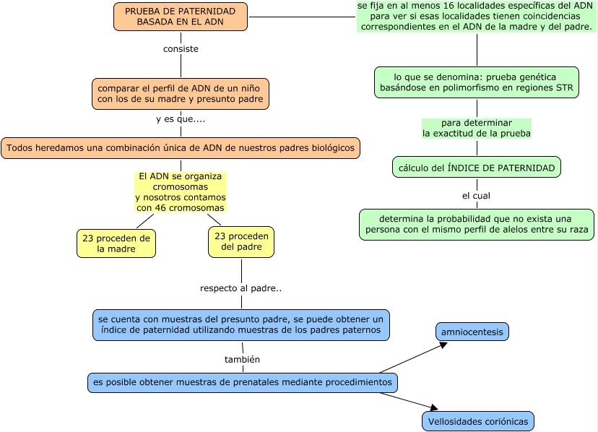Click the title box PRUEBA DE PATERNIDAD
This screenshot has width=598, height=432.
pyautogui.click(x=180, y=17)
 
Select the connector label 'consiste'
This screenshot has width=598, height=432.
pyautogui.click(x=181, y=49)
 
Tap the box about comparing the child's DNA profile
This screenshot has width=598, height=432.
pyautogui.click(x=181, y=94)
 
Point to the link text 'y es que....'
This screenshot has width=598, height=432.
pyautogui.click(x=181, y=119)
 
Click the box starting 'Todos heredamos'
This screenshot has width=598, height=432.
pyautogui.click(x=181, y=148)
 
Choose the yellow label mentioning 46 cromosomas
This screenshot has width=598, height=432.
pyautogui.click(x=181, y=192)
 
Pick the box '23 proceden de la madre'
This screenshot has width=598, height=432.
pyautogui.click(x=116, y=243)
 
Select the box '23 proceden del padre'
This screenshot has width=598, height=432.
pyautogui.click(x=241, y=241)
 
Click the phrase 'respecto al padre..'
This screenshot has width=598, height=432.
pyautogui.click(x=240, y=288)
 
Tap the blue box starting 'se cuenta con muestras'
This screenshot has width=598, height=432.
pyautogui.click(x=241, y=324)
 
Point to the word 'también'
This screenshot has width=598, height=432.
pyautogui.click(x=243, y=359)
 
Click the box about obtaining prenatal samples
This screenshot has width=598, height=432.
pyautogui.click(x=243, y=382)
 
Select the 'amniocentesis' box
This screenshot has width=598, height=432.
pyautogui.click(x=472, y=332)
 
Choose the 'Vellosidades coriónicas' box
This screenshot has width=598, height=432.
pyautogui.click(x=478, y=421)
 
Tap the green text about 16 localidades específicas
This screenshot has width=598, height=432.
pyautogui.click(x=477, y=16)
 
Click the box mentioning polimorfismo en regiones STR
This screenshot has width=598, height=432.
pyautogui.click(x=477, y=82)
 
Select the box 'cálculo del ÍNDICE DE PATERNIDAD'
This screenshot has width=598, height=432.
pyautogui.click(x=477, y=168)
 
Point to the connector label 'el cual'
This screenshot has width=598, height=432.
pyautogui.click(x=477, y=195)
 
